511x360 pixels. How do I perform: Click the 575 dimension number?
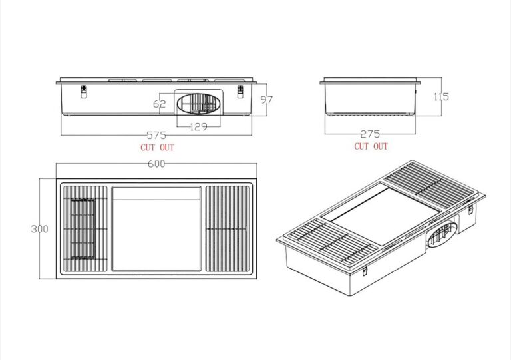(x=156, y=135)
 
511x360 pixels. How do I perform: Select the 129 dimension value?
(x=198, y=126)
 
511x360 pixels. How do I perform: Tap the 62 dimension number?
(x=160, y=104)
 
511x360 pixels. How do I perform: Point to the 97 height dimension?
(x=267, y=100)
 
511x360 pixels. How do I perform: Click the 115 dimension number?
(x=441, y=96)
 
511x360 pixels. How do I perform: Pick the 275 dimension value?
(x=370, y=134)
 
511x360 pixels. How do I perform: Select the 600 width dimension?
(x=156, y=164)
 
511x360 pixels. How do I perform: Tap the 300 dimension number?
(x=39, y=229)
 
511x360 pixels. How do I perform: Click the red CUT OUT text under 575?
(x=158, y=148)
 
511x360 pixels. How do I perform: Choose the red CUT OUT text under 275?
(x=371, y=146)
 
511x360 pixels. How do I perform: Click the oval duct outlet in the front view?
(x=198, y=104)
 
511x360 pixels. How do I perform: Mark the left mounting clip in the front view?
(x=84, y=92)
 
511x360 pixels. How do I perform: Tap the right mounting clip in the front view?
(x=240, y=92)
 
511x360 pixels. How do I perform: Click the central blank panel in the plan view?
(x=156, y=229)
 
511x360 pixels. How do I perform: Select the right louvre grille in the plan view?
(x=228, y=229)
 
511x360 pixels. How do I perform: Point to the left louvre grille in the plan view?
(x=85, y=229)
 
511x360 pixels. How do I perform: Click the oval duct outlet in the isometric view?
(x=441, y=234)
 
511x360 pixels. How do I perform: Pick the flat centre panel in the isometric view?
(x=381, y=214)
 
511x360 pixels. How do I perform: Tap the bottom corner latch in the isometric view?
(x=365, y=271)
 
